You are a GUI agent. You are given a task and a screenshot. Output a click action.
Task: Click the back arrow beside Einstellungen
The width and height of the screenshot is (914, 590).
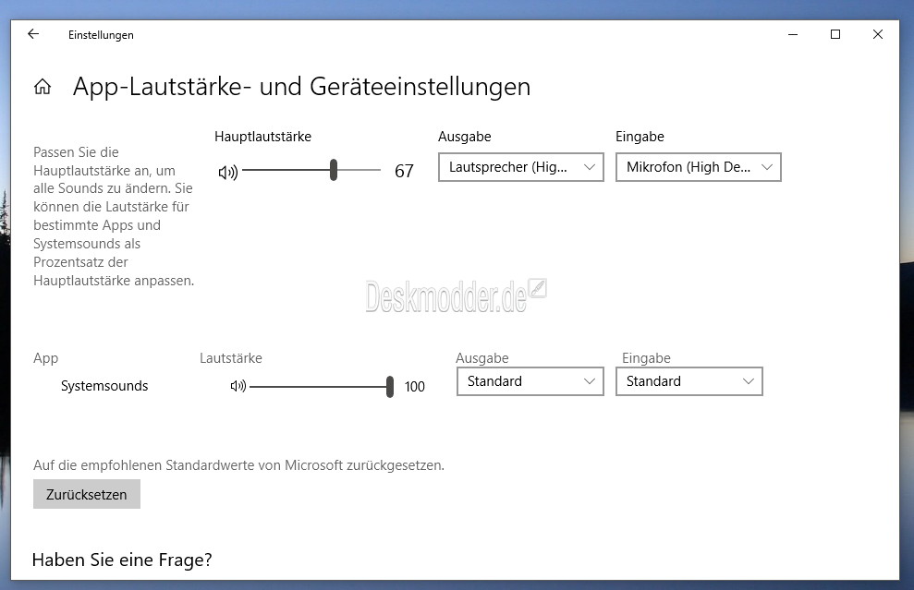click(x=33, y=34)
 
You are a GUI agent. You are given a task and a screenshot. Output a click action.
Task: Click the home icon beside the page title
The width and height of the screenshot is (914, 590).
click(x=42, y=87)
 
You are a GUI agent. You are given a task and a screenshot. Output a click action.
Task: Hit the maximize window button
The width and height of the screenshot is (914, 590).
click(x=835, y=34)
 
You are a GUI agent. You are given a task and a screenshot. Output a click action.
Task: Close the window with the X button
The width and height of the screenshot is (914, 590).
click(x=878, y=34)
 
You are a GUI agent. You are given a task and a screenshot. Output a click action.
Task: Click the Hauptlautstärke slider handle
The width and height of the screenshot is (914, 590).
click(x=334, y=170)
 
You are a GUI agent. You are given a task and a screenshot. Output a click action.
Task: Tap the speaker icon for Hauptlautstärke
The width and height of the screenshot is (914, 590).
click(x=228, y=172)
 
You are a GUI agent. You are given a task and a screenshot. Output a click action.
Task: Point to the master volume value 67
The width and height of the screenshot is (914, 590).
click(x=404, y=171)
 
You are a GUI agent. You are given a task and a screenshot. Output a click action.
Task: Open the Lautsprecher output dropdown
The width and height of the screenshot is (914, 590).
click(x=521, y=167)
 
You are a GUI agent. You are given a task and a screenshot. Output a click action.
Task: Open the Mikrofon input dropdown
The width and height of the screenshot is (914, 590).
click(x=699, y=167)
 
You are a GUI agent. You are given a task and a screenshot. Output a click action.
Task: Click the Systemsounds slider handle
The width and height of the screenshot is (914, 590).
click(x=390, y=387)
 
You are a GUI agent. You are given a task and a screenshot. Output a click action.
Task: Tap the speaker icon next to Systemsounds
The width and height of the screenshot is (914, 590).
click(x=238, y=386)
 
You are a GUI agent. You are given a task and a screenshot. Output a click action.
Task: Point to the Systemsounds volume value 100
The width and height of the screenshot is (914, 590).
click(x=414, y=387)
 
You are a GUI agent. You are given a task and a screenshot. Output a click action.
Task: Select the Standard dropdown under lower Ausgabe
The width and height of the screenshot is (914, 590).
click(x=530, y=381)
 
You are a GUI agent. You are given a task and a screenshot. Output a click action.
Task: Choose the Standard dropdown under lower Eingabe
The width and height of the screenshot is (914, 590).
click(x=689, y=381)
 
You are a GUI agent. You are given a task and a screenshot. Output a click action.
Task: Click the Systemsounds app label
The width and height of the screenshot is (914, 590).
click(x=104, y=386)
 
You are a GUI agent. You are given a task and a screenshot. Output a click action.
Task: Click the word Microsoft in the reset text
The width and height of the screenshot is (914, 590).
click(x=313, y=465)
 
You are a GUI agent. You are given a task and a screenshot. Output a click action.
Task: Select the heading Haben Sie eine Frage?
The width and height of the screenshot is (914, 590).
click(x=122, y=560)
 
